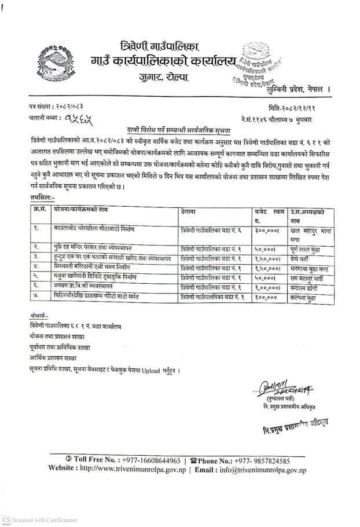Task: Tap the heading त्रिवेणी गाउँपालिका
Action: tap(168, 45)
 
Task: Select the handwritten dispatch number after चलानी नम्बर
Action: tap(78, 119)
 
